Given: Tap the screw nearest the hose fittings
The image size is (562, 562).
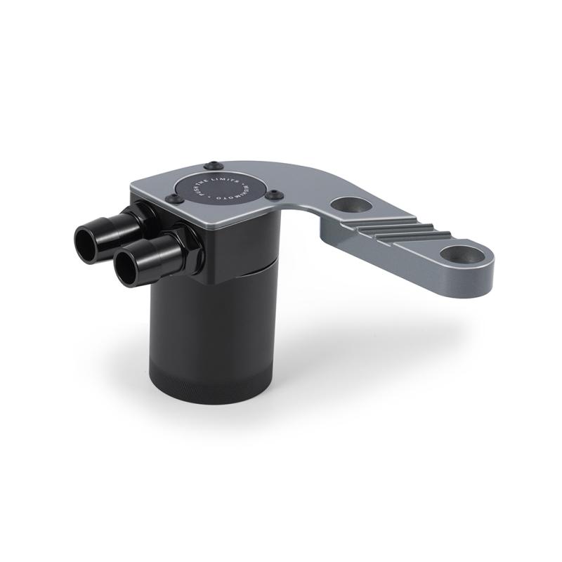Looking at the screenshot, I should tap(170, 200).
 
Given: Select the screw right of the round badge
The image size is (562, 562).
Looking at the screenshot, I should tap(275, 195).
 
